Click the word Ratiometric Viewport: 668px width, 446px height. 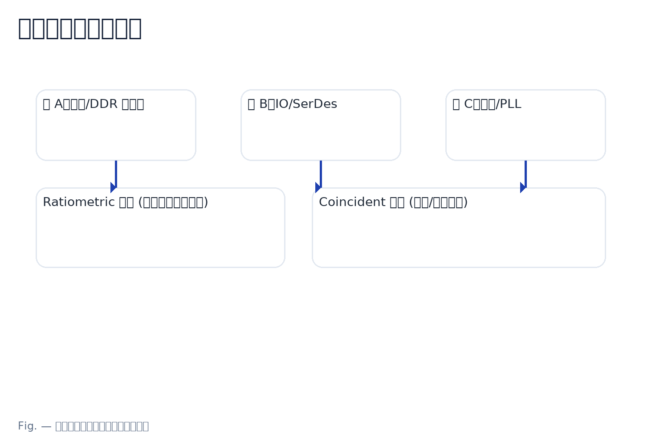[x=78, y=202]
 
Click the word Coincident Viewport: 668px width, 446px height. [x=352, y=202]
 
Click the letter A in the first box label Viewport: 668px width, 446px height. [x=58, y=104]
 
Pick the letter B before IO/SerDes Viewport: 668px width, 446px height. [x=263, y=104]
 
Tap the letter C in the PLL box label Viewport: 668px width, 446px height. [x=468, y=104]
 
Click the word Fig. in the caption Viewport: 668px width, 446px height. [x=27, y=426]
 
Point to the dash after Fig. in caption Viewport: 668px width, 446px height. [x=46, y=426]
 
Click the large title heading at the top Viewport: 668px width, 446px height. [x=80, y=28]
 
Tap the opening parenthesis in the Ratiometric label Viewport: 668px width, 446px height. [x=141, y=202]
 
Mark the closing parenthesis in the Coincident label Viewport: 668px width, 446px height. [x=465, y=202]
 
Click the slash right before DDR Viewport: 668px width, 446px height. [x=87, y=104]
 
